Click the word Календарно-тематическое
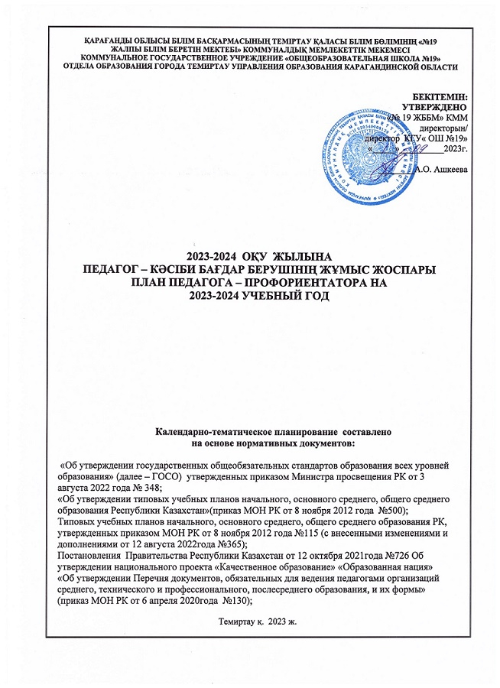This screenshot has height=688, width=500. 212,432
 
